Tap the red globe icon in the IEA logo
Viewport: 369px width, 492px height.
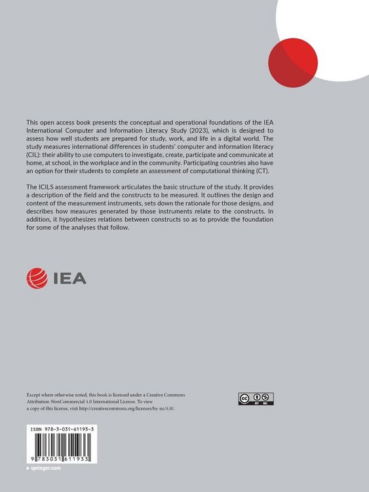point(36,277)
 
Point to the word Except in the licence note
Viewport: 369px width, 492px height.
point(35,395)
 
